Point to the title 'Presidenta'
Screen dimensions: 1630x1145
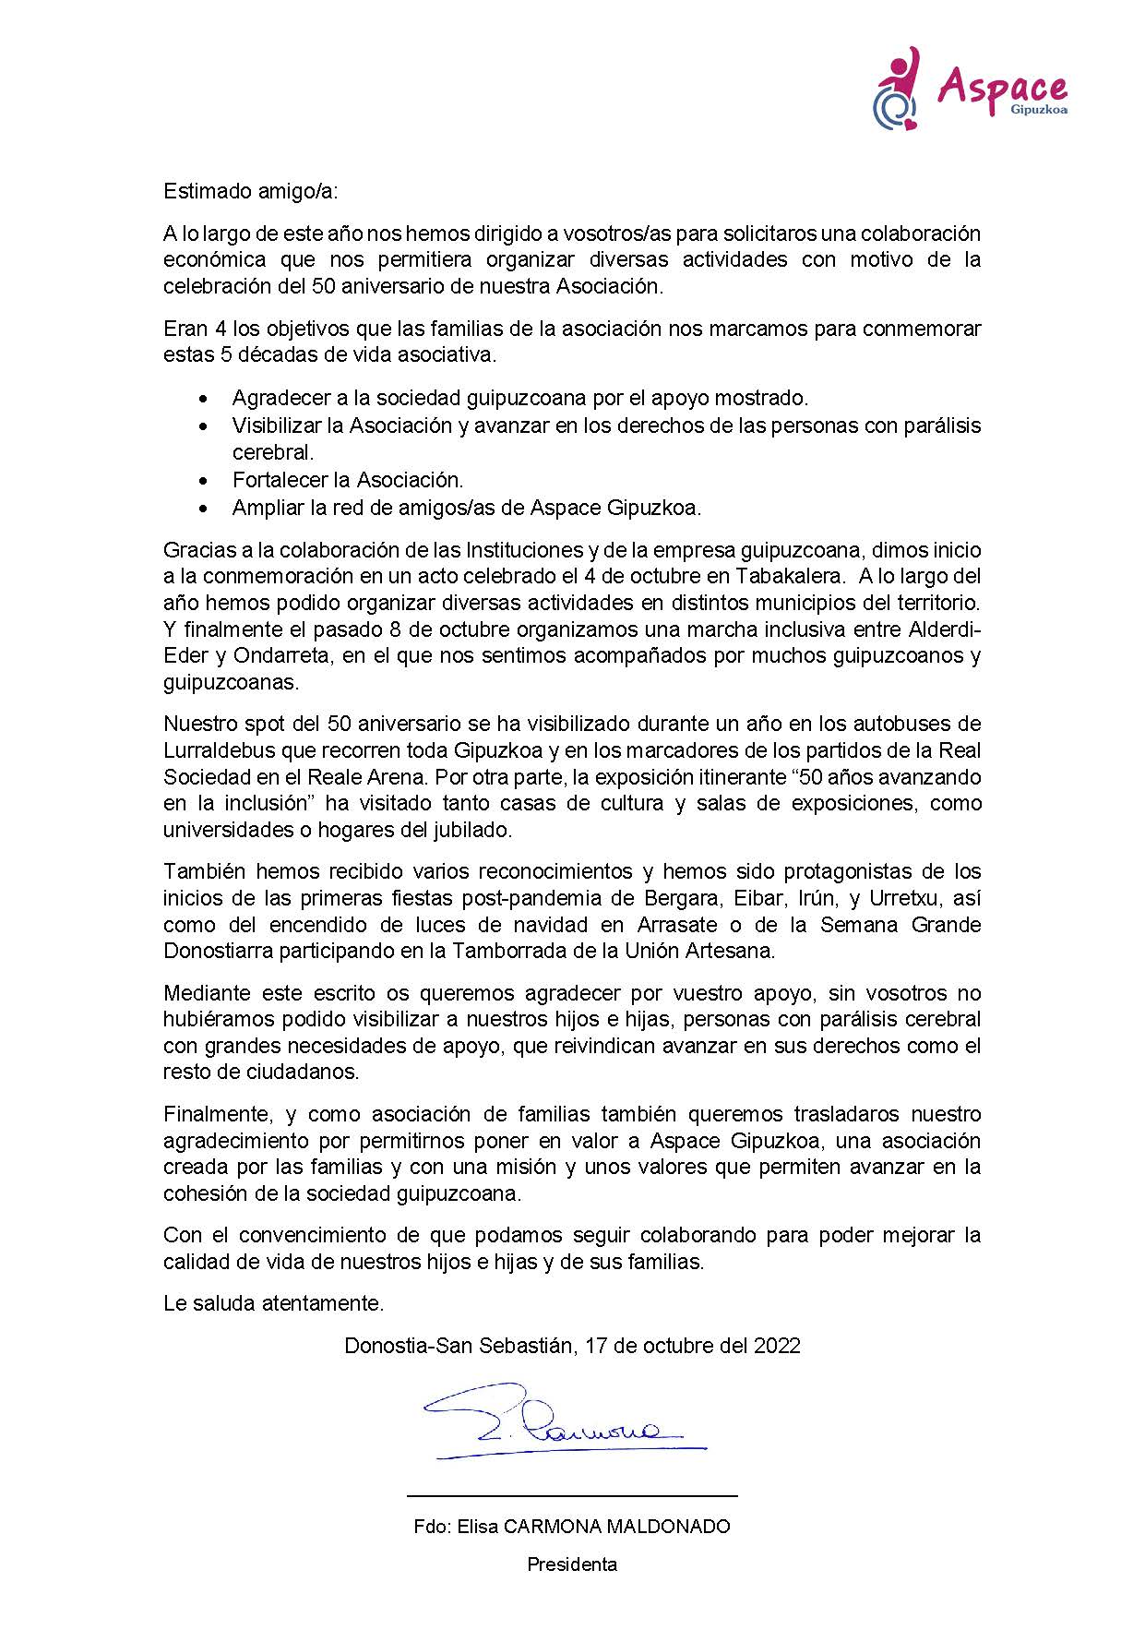point(572,1564)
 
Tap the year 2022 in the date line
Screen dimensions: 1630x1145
point(777,1345)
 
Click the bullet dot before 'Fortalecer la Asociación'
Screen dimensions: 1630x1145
point(204,481)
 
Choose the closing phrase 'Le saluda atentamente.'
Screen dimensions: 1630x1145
point(273,1303)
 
